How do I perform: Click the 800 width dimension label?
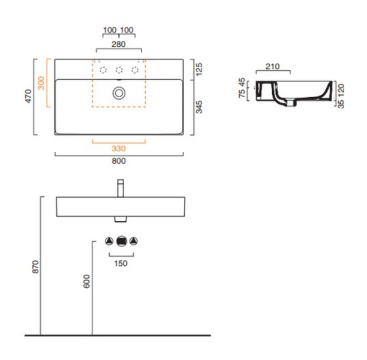tap(119, 161)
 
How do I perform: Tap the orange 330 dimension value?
tap(119, 148)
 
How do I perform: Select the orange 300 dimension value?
tap(41, 83)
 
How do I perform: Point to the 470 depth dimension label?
tap(28, 96)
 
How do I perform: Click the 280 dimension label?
tap(119, 44)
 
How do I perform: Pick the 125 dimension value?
tap(199, 70)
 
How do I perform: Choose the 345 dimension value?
tap(199, 107)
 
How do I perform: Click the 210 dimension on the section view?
tap(273, 67)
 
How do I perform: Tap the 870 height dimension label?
tap(35, 267)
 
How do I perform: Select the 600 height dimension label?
tap(87, 281)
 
